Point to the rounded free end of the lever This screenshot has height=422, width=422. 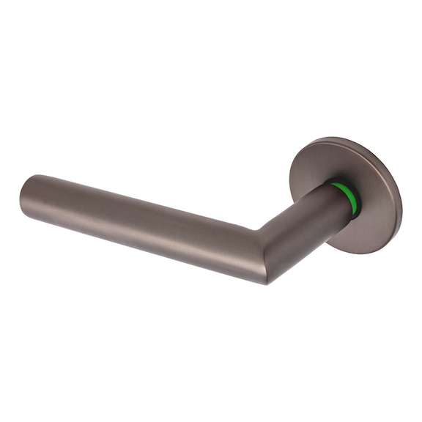pos(28,196)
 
